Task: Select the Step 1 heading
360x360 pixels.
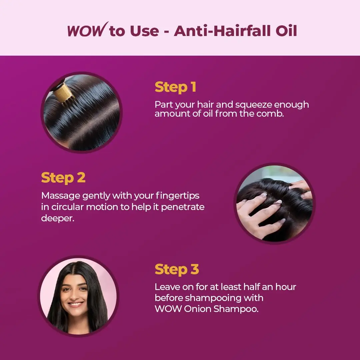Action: (175, 87)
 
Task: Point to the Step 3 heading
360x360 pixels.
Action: (177, 269)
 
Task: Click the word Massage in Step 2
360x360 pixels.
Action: (61, 196)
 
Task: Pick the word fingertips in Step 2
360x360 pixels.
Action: (177, 196)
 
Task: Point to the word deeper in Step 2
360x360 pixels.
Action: (58, 218)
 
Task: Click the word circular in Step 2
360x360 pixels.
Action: (67, 207)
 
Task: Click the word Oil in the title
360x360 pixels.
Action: (286, 31)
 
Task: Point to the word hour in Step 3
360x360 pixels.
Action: (286, 287)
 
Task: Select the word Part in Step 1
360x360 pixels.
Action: (164, 105)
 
